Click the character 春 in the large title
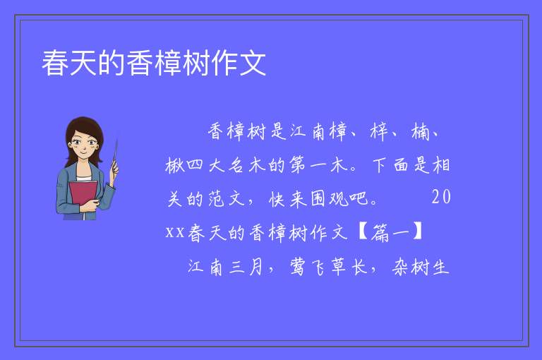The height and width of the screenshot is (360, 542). (x=55, y=63)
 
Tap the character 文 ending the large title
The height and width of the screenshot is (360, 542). (x=253, y=63)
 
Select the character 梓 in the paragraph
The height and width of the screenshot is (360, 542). (x=379, y=132)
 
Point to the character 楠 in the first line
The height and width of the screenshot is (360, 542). (x=420, y=132)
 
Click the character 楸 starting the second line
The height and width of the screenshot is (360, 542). (x=174, y=165)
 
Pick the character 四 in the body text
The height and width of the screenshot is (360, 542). (x=195, y=165)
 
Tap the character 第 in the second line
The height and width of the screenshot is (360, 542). (x=297, y=164)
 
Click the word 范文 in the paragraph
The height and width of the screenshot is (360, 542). (x=227, y=199)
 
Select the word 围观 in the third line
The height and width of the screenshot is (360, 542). (x=329, y=199)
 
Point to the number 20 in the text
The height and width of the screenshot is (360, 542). (x=441, y=198)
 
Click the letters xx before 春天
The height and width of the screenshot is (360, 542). (x=175, y=233)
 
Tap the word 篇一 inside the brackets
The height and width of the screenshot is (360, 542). (x=390, y=232)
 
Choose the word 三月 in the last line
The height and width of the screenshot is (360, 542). (x=246, y=267)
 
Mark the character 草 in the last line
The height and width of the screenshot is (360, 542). (x=339, y=267)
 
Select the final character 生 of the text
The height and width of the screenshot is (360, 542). (x=440, y=267)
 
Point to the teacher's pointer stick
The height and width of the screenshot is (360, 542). (x=115, y=155)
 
